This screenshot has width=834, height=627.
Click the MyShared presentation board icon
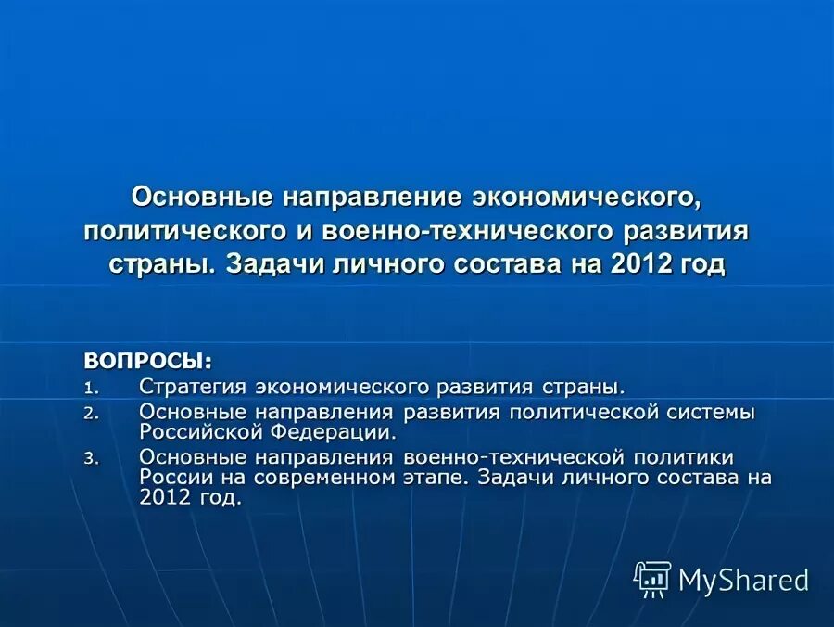pyautogui.click(x=652, y=579)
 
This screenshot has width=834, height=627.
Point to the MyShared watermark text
pyautogui.click(x=743, y=580)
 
